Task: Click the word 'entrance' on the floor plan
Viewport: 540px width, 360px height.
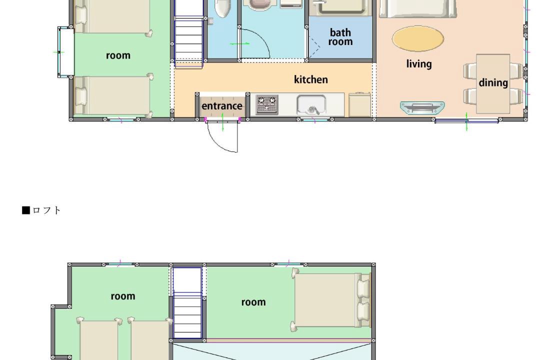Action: (x=222, y=106)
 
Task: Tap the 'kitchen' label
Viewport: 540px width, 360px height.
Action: (x=310, y=79)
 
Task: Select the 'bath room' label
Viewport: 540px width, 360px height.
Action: (x=340, y=37)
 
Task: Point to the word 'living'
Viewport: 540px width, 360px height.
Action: (x=419, y=64)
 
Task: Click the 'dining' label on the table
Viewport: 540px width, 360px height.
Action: (x=493, y=82)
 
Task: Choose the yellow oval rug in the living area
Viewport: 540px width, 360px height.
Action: (x=417, y=38)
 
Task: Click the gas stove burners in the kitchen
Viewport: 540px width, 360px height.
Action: (x=267, y=104)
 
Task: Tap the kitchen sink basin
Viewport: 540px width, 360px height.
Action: (x=311, y=105)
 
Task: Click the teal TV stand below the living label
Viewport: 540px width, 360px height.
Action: (x=422, y=108)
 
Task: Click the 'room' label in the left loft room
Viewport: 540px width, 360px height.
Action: (x=123, y=296)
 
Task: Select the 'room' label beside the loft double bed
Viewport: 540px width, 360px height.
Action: (x=253, y=302)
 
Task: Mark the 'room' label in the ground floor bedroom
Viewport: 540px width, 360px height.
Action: (x=118, y=55)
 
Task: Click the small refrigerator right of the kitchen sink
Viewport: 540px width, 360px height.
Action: (x=359, y=104)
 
